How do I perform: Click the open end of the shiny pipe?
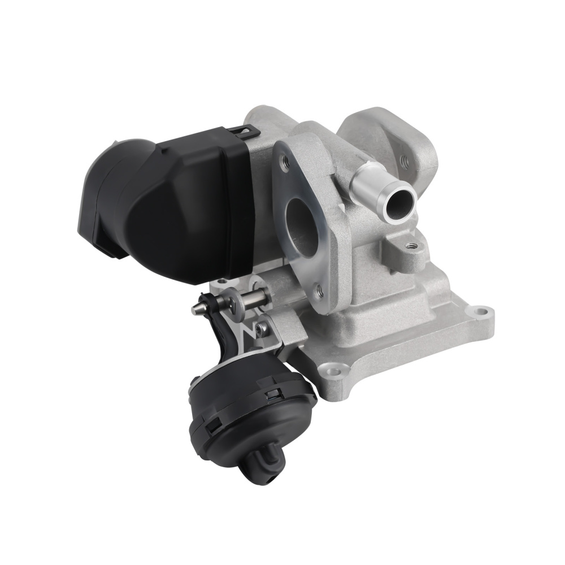(x=397, y=205)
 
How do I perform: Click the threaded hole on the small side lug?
(x=413, y=246)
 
